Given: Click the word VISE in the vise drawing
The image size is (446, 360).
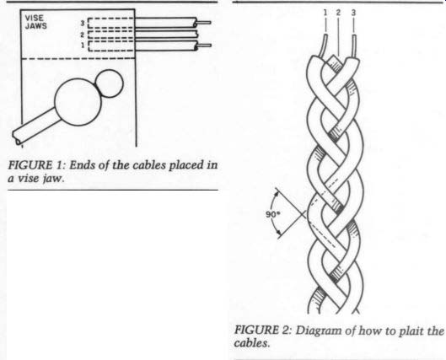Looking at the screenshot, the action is [x=35, y=19].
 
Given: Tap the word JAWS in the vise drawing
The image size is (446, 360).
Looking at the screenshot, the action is [x=36, y=26].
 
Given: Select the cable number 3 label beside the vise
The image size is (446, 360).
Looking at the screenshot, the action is [x=83, y=23].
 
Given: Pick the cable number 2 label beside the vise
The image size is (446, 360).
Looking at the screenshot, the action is [x=83, y=35].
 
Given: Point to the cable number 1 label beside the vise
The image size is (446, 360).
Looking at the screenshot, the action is [x=83, y=46].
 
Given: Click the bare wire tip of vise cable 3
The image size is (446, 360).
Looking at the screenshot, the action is [x=211, y=23].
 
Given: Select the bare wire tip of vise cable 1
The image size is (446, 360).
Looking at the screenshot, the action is [x=211, y=46].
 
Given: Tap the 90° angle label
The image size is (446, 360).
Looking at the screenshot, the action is [x=273, y=214].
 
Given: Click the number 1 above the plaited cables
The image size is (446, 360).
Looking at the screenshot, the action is [x=325, y=13].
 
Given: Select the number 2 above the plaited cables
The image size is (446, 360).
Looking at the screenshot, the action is [x=338, y=13].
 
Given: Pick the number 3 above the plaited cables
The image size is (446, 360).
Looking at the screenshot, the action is [x=353, y=13].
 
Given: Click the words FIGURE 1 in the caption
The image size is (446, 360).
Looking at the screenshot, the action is [x=35, y=165].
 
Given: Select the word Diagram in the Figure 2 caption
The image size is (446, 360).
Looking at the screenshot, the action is [x=319, y=331].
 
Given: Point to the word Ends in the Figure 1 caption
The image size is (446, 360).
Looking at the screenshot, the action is [x=82, y=165].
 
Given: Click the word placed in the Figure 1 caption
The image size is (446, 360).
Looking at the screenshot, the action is [x=187, y=166].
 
